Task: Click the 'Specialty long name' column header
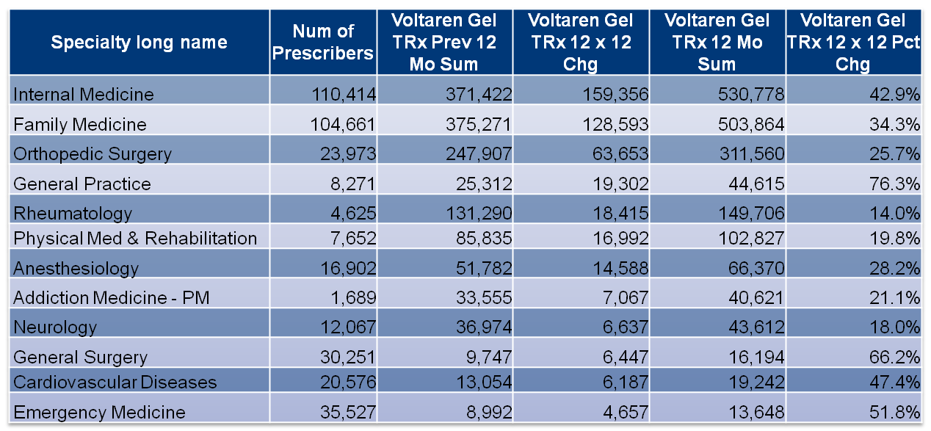point(138,43)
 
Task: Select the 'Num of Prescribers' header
point(323,43)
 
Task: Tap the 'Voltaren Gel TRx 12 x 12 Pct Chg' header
point(853,43)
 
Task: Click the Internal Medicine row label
point(84,95)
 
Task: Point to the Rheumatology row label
point(73,214)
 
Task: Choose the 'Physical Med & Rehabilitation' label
point(136,239)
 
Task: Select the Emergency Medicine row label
point(100,412)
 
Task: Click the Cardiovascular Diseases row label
point(115,383)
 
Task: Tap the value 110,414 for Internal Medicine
point(345,95)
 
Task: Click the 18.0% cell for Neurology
point(897,327)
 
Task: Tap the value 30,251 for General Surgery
point(349,358)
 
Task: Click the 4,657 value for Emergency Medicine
point(623,412)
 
